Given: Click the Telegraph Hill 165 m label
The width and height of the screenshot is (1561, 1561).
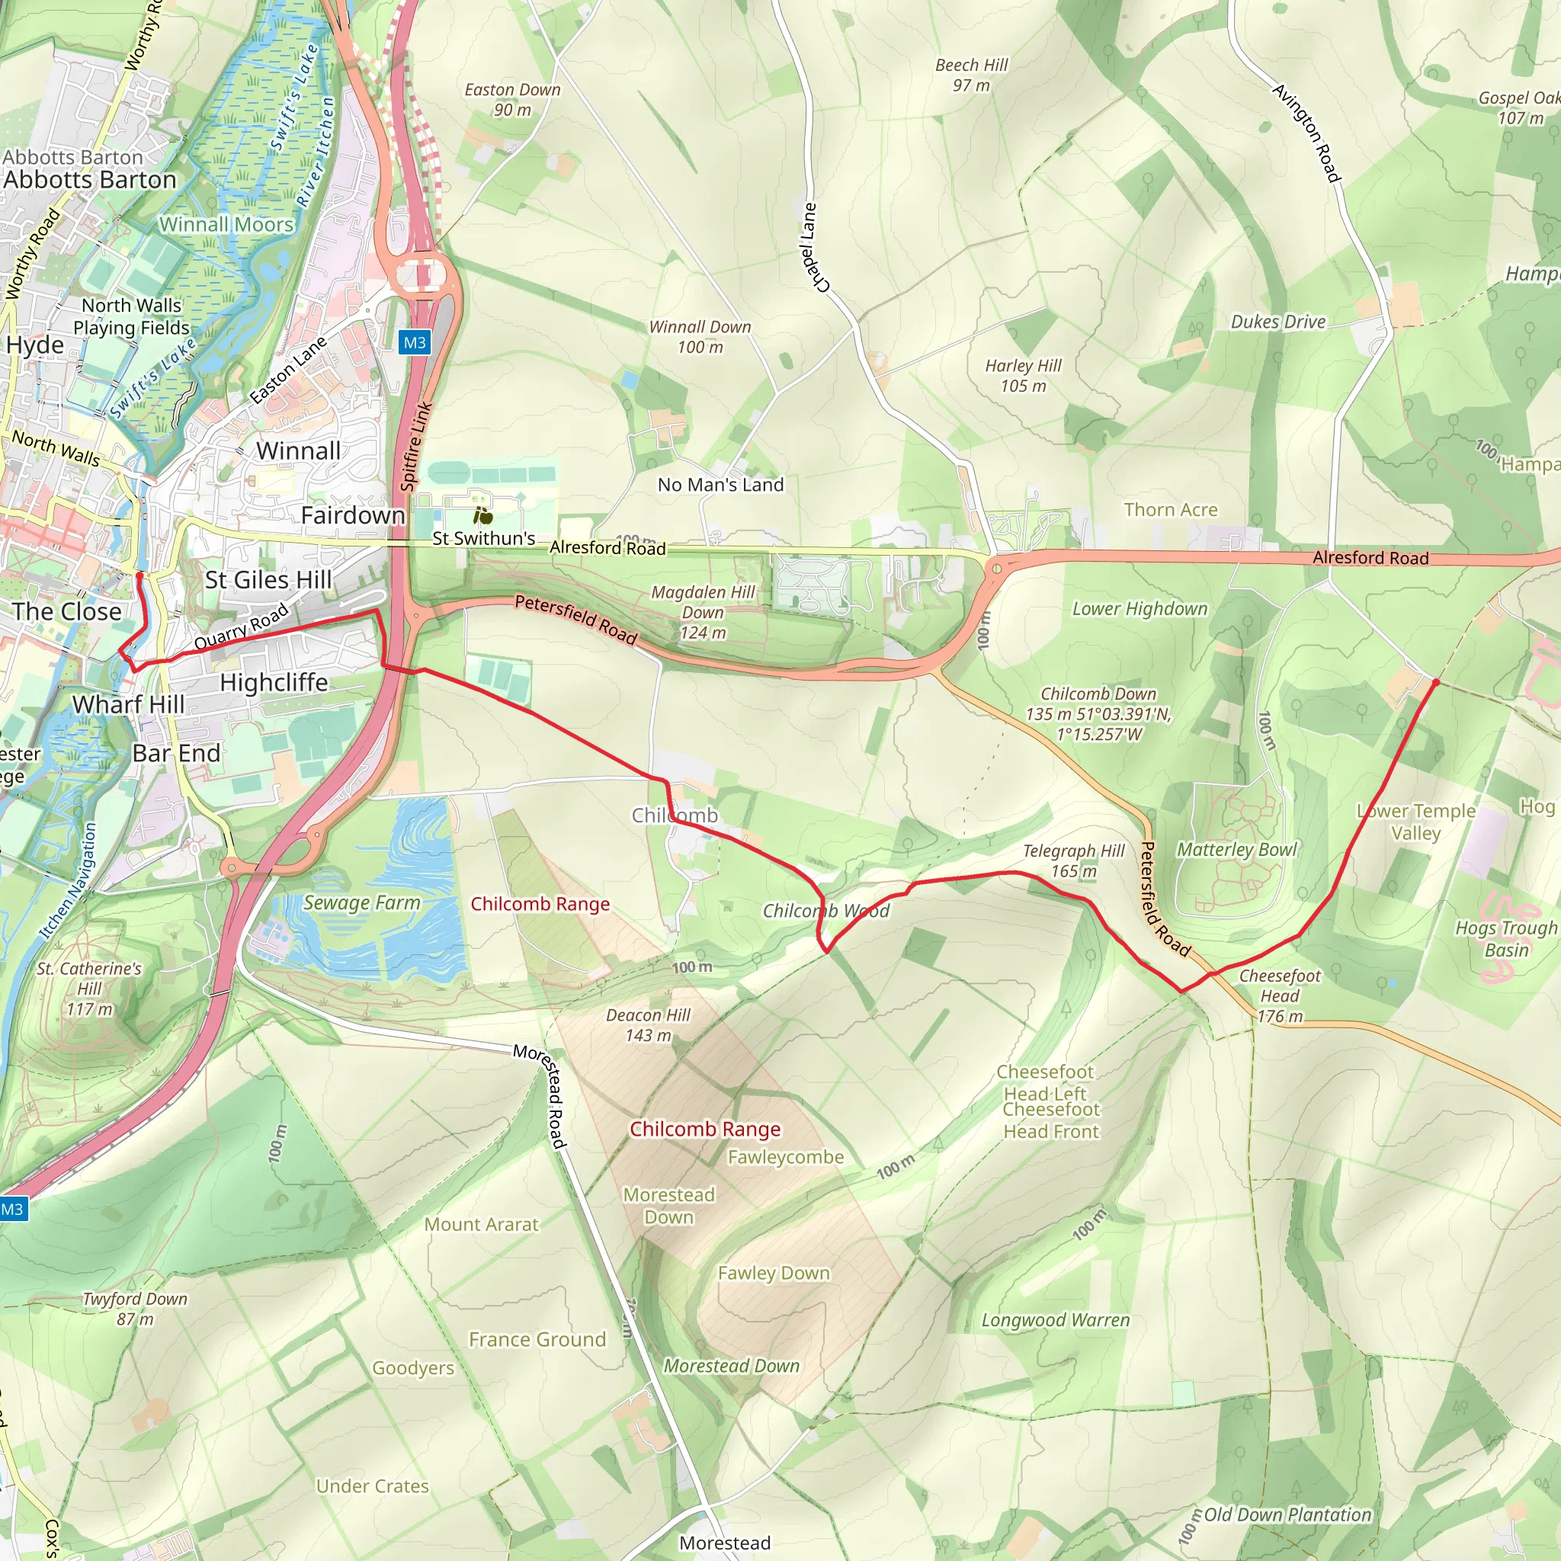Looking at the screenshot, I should pos(1073,861).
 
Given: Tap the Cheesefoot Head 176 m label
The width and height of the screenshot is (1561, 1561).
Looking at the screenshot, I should pos(1280,995).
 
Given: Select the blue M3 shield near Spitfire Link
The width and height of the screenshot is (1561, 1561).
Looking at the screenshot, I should pos(415,342).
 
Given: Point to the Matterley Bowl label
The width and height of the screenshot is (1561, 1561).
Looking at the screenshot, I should pos(1236,849).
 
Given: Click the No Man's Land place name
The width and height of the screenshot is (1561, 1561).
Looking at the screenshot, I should pos(720,485).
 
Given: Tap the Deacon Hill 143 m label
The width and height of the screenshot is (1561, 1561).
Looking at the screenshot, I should pos(648,1024).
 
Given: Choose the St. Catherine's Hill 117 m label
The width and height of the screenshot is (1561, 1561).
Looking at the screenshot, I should pos(89,988).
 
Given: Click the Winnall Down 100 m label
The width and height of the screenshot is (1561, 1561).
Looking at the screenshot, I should pos(700,337).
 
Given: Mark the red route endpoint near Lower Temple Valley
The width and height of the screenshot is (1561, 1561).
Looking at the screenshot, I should pos(1436,683).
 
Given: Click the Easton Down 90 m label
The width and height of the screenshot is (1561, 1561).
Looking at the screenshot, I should pos(512,99).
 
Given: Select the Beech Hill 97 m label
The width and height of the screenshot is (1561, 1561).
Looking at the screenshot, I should pos(971,75).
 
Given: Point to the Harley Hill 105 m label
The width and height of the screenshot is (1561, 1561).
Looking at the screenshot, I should pos(1023,376).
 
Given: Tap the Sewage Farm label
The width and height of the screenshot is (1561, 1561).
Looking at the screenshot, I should pos(362,902).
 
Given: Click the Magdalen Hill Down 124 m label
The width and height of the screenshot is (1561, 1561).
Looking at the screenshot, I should pos(703,613).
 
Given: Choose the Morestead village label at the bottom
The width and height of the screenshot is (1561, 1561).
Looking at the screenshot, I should pos(725,1543).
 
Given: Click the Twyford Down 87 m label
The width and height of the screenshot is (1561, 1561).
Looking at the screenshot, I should pos(135,1308).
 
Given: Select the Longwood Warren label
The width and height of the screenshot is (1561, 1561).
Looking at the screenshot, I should pos(1055,1319).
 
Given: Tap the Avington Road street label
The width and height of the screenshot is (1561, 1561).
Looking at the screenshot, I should pos(1306,133).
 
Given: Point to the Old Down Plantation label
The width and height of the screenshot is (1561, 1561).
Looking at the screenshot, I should pos(1287,1515).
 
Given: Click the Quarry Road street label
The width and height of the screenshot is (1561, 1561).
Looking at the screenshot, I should pos(242,627).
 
